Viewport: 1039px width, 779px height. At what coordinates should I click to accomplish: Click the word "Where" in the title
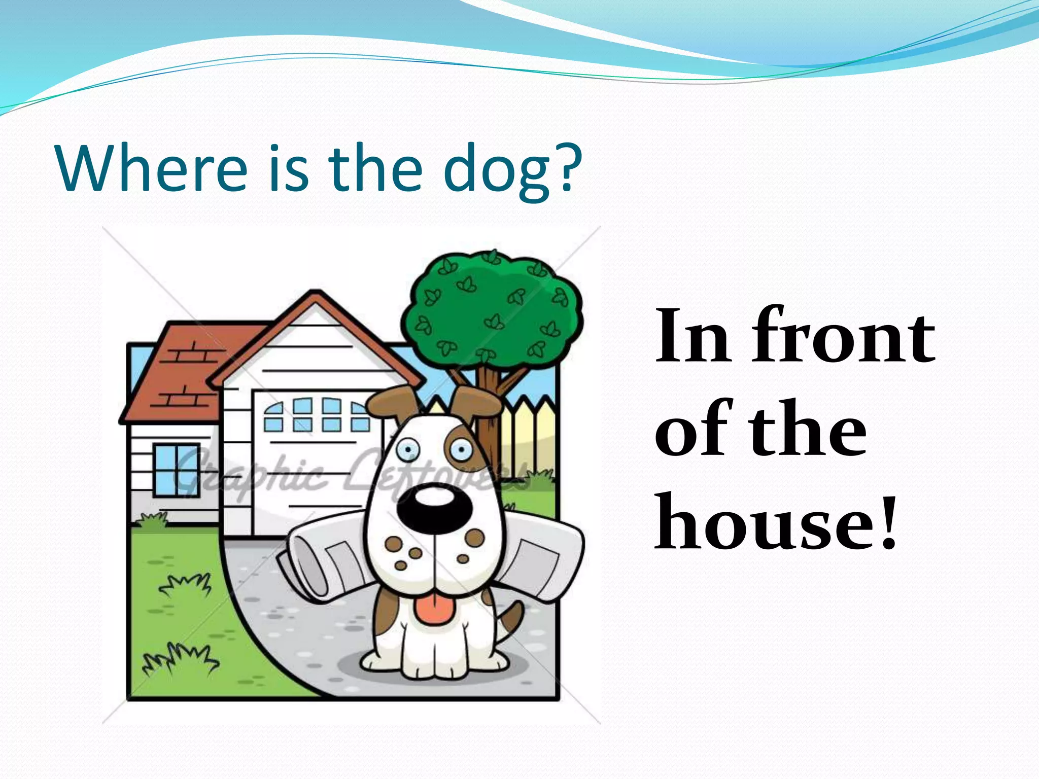[152, 168]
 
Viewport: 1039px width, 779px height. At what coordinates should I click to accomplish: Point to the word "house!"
[776, 522]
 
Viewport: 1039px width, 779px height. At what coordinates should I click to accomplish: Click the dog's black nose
[434, 507]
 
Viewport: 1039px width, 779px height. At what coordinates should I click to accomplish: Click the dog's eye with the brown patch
[461, 448]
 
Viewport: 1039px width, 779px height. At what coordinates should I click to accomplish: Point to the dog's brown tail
[510, 619]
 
